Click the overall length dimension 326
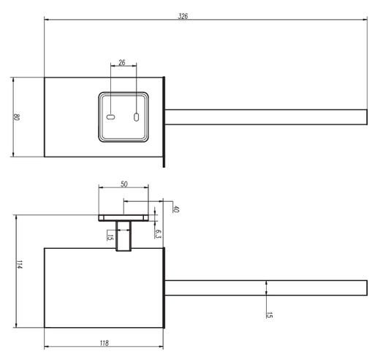pyautogui.click(x=183, y=16)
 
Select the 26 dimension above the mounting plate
pyautogui.click(x=122, y=63)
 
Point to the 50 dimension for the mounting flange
pyautogui.click(x=124, y=184)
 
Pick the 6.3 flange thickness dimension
pyautogui.click(x=159, y=233)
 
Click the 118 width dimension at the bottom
pyautogui.click(x=104, y=342)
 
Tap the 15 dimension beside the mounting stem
pyautogui.click(x=110, y=236)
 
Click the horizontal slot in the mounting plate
pyautogui.click(x=110, y=117)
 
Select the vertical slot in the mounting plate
pyautogui.click(x=136, y=116)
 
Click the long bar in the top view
pyautogui.click(x=267, y=118)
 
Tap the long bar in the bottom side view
pyautogui.click(x=267, y=288)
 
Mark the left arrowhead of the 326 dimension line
pyautogui.click(x=47, y=20)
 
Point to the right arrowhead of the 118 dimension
pyautogui.click(x=164, y=345)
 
